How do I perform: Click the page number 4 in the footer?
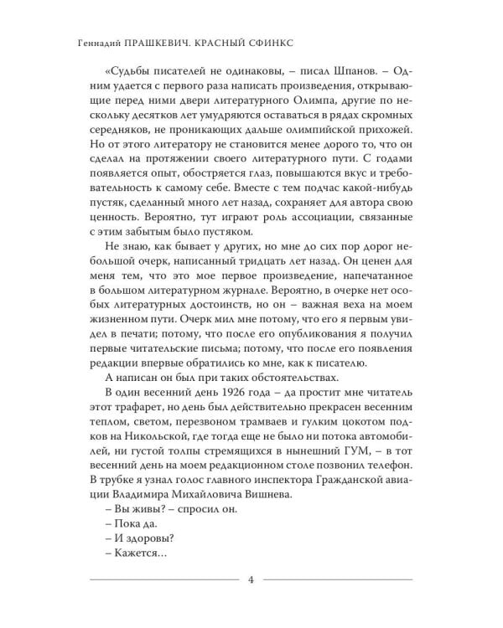click(x=251, y=579)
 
